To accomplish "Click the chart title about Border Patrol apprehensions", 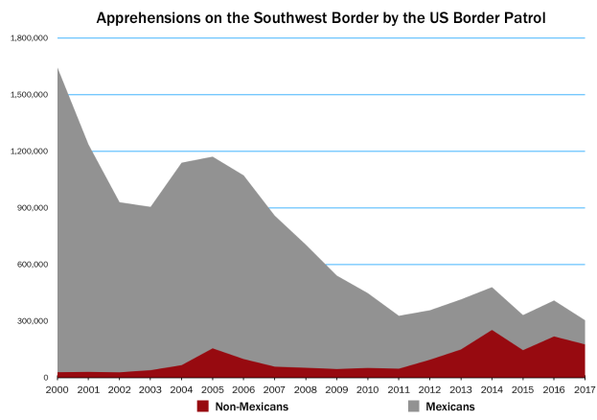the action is click(x=321, y=18).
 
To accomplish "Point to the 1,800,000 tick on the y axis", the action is click(x=30, y=38).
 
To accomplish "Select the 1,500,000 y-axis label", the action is click(x=30, y=95).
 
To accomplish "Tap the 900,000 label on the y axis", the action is click(x=33, y=208).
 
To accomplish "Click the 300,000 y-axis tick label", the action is click(x=33, y=321).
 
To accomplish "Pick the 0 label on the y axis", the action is click(x=46, y=377).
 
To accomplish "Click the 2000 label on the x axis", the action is click(x=57, y=389).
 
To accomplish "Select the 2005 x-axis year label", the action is click(x=213, y=389).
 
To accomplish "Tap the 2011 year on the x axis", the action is click(x=399, y=389).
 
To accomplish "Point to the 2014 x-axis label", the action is click(x=492, y=389).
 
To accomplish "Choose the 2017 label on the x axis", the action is click(x=586, y=389).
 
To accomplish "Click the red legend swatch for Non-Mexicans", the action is click(x=203, y=407).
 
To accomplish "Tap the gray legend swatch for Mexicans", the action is click(x=413, y=407).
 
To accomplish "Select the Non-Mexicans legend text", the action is click(x=252, y=407).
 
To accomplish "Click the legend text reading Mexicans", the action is click(x=450, y=407).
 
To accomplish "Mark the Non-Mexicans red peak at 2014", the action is click(x=492, y=330).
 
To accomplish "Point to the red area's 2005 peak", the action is click(x=213, y=348).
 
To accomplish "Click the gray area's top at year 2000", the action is click(x=57, y=68).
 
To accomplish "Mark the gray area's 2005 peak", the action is click(x=213, y=156).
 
